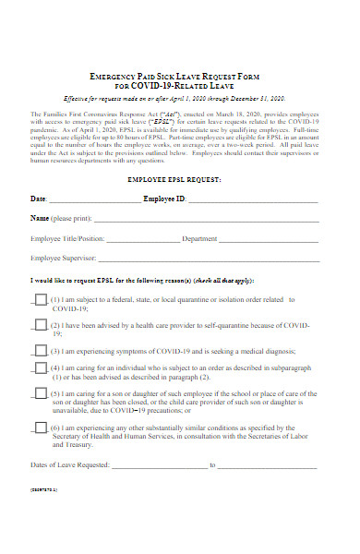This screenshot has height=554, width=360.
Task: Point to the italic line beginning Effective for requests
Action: [x=175, y=98]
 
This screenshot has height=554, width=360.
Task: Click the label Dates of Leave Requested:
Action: [x=69, y=464]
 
